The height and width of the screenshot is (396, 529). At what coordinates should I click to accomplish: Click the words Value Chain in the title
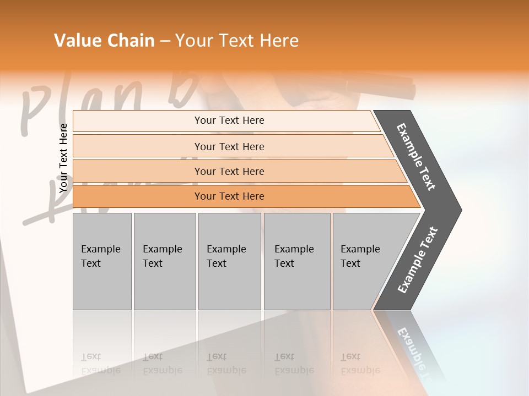pos(104,41)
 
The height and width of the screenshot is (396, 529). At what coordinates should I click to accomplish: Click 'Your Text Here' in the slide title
pos(237,41)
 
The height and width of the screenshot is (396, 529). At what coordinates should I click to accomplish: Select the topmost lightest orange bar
pos(229,120)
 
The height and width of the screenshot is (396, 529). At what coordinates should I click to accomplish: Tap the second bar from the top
pos(229,146)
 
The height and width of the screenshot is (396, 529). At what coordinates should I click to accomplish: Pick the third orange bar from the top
pos(229,171)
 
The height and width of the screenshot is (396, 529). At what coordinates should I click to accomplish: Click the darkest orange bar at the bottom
pos(229,196)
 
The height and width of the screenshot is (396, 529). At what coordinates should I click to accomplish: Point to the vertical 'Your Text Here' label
pos(63,158)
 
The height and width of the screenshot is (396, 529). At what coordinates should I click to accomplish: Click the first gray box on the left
pos(102,261)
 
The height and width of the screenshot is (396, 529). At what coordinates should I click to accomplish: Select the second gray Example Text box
pos(164,261)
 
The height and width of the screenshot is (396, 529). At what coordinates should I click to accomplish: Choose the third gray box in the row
pos(229,261)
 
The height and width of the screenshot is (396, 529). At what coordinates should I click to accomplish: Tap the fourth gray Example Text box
pos(296,261)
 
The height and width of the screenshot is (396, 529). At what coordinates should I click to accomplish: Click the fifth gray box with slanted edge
pos(364,261)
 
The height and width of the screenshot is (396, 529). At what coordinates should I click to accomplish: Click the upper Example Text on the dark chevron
pos(416,157)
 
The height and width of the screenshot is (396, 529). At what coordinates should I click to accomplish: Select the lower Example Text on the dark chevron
pos(418,260)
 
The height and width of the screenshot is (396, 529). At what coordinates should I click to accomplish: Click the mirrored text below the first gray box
pos(101,364)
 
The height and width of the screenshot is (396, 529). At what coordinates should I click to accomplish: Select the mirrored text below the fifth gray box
pos(360,364)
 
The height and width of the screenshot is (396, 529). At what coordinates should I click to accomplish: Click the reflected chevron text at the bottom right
pos(413,352)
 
